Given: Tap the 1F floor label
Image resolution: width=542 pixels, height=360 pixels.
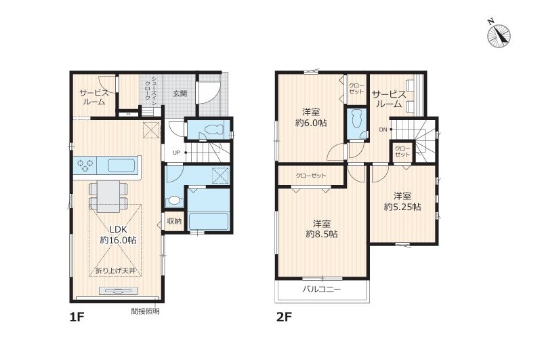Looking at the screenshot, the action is click(x=77, y=317).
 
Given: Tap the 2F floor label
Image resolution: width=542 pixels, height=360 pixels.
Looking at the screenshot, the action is click(x=284, y=317).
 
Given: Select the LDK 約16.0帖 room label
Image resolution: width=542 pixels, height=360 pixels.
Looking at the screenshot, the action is click(x=118, y=235).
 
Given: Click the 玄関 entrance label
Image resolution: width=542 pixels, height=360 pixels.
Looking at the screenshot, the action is click(x=180, y=94).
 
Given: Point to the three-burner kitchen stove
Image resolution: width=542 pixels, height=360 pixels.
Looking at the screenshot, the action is click(x=85, y=165).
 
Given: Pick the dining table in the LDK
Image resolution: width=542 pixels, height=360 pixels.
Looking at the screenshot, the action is click(x=108, y=196).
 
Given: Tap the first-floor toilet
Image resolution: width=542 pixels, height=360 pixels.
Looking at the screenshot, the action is click(x=213, y=130).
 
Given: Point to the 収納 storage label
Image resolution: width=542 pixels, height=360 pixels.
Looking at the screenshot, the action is click(x=175, y=221).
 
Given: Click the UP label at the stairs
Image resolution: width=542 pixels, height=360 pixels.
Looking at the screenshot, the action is click(x=176, y=153).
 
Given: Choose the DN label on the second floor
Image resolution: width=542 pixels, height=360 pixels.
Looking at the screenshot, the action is click(x=383, y=129).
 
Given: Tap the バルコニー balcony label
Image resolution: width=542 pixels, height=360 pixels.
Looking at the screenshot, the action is click(x=321, y=289).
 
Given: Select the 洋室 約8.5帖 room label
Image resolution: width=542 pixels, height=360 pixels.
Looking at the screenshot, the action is click(x=322, y=228).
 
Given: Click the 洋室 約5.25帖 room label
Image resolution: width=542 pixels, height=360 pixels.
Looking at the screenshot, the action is click(x=402, y=201).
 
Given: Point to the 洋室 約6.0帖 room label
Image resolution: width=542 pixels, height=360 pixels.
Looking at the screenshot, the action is click(x=311, y=117).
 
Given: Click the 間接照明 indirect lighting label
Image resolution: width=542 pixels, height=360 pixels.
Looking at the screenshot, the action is click(x=145, y=311).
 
